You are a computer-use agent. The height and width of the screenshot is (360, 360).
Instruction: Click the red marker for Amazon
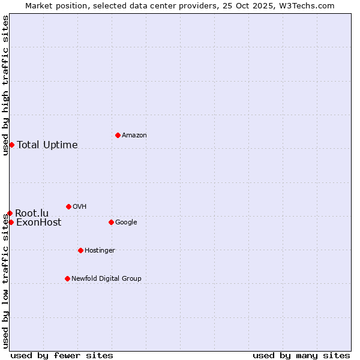click(118, 135)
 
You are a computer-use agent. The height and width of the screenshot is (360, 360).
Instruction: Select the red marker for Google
click(111, 222)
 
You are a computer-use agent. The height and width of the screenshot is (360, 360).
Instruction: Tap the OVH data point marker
click(68, 206)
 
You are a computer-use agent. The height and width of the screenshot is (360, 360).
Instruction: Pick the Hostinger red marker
click(80, 250)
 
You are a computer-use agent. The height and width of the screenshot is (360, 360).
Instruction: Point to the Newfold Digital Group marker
click(67, 278)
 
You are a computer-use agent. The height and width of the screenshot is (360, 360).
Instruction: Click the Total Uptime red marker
click(11, 145)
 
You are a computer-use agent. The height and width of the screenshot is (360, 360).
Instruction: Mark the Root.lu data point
click(10, 213)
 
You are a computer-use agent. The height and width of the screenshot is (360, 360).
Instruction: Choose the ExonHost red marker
click(11, 222)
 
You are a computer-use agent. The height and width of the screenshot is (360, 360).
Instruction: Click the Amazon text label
click(134, 135)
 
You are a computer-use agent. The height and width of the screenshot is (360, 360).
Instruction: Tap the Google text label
click(126, 222)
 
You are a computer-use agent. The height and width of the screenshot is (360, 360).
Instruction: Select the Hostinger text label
click(100, 250)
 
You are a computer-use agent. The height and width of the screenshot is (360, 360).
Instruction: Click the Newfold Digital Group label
click(106, 278)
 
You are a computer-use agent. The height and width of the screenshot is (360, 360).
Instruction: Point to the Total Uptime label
click(47, 145)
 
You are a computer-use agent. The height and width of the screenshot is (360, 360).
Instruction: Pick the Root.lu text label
click(32, 213)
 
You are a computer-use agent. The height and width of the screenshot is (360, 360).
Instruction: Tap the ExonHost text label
click(38, 223)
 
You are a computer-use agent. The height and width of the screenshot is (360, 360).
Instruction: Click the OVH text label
click(79, 206)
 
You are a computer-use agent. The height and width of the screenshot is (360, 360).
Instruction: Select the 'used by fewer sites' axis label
click(62, 355)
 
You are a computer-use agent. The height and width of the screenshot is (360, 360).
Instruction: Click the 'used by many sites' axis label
click(301, 355)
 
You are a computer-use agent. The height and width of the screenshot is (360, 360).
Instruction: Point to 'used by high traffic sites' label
click(5, 85)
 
